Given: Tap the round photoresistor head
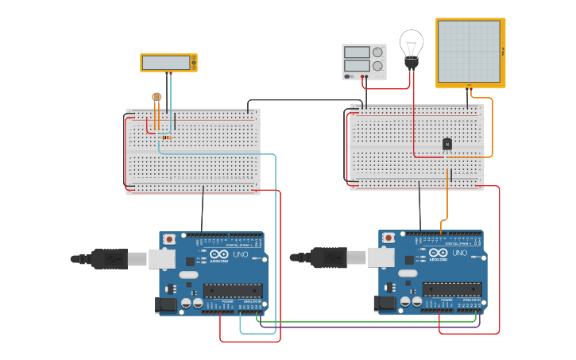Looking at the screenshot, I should click(157, 97).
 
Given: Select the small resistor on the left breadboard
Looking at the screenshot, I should click(166, 137).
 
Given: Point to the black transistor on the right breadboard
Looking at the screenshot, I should click(447, 144).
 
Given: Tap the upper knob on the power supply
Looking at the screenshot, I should click(377, 52).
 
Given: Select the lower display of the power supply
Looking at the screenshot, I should click(357, 66).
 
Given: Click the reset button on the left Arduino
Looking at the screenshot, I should click(169, 238).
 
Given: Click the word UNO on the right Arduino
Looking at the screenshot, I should click(459, 253).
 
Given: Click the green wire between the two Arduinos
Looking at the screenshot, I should click(365, 323).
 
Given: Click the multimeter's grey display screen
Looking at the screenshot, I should click(165, 62).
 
